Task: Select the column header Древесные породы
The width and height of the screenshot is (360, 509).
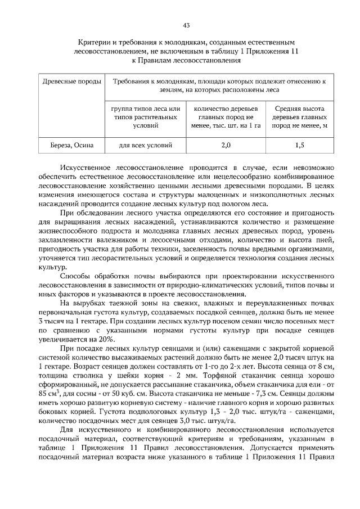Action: [72, 82]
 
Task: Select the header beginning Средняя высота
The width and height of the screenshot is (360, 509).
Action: [300, 116]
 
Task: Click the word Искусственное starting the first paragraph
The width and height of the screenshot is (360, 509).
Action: [84, 168]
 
